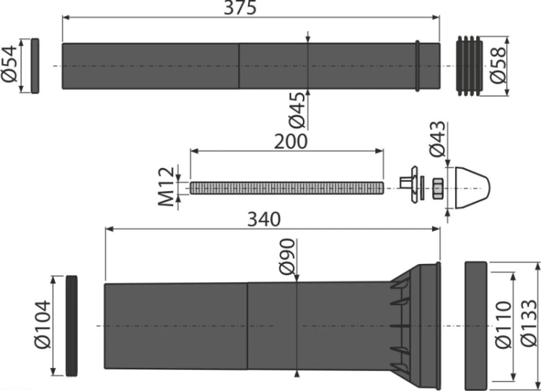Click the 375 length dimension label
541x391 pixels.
[240, 8]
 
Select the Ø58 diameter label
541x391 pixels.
[498, 66]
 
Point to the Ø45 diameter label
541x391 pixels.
[297, 110]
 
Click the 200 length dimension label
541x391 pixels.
[291, 142]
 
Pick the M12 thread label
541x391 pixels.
[166, 187]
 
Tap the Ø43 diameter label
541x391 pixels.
[437, 139]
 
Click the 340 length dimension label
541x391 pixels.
[264, 219]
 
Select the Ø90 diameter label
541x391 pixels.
[287, 256]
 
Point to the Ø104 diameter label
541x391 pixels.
[43, 325]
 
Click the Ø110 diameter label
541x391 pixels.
[503, 325]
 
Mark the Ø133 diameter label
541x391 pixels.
[529, 323]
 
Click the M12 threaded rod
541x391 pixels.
[286, 188]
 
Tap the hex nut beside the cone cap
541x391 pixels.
[438, 188]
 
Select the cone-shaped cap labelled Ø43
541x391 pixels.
[472, 188]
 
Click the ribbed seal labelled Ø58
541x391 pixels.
[470, 66]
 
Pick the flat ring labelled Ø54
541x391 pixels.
[35, 66]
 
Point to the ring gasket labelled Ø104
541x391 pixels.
[71, 326]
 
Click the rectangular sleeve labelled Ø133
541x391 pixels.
[476, 326]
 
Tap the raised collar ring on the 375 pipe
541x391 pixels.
[417, 66]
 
